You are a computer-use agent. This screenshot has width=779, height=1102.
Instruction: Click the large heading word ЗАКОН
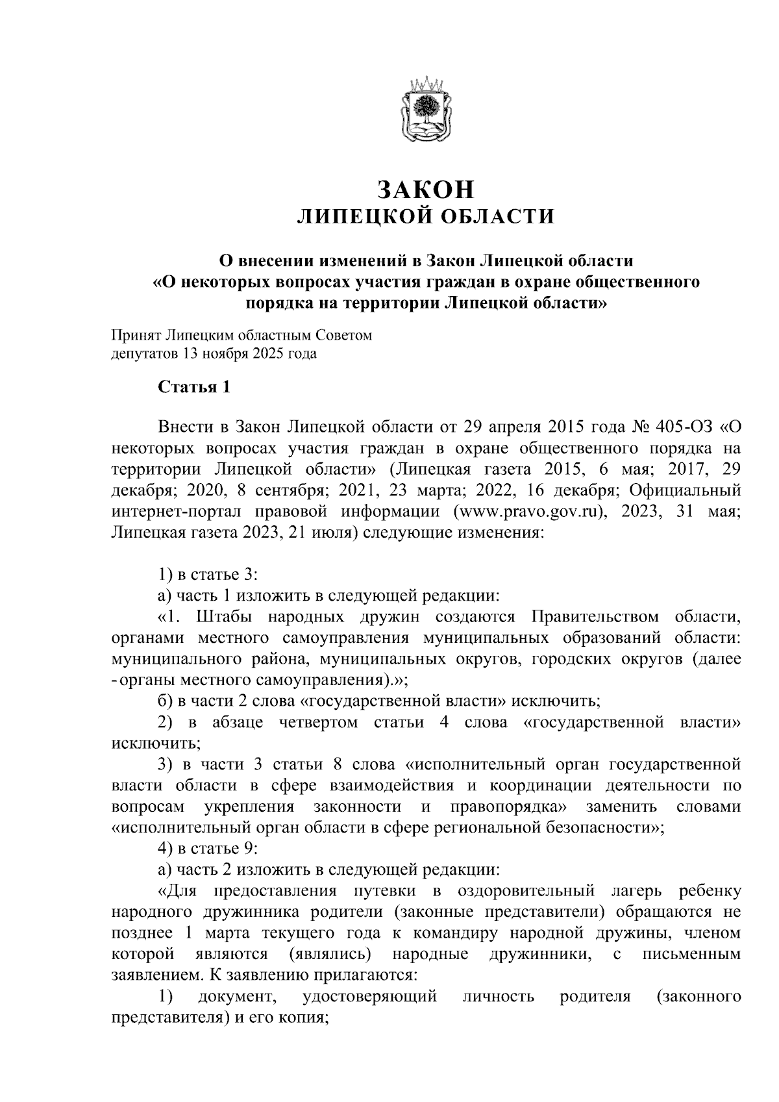tap(426, 190)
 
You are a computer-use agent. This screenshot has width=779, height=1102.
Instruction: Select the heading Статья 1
tap(194, 388)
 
